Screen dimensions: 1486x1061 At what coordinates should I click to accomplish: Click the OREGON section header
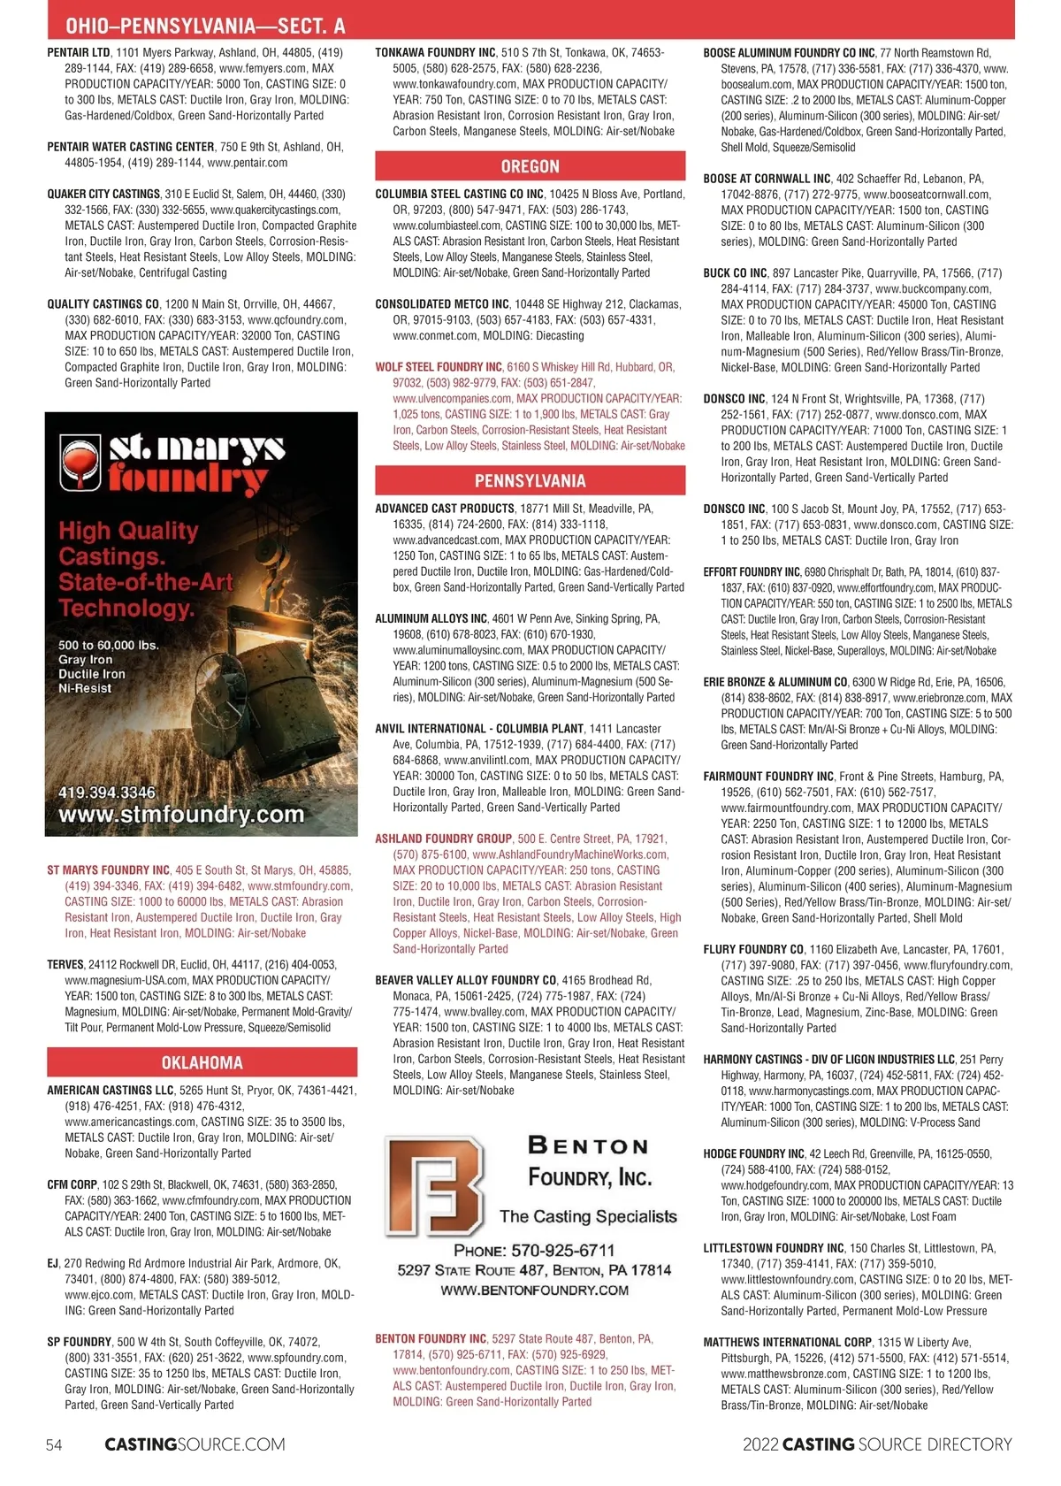[x=530, y=166]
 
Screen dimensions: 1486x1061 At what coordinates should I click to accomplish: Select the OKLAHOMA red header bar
[x=202, y=1062]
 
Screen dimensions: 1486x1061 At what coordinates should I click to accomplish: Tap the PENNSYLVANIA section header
[x=530, y=480]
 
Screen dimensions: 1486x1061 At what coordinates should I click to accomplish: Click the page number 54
[x=54, y=1444]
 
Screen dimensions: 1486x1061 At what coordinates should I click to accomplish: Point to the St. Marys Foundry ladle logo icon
[x=80, y=461]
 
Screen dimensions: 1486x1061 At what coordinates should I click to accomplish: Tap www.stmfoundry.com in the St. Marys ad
[x=180, y=814]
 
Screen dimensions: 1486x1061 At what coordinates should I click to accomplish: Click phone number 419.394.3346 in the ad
[x=106, y=792]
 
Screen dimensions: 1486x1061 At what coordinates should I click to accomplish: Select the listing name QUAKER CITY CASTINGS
[x=103, y=194]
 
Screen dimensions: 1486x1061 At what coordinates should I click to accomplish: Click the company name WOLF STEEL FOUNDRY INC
[x=439, y=367]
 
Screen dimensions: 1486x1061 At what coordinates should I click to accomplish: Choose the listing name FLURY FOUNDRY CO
[x=753, y=949]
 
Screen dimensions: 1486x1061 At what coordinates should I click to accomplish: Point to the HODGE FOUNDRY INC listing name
[x=753, y=1153]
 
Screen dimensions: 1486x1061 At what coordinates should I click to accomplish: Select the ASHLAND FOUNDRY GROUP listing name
[x=443, y=839]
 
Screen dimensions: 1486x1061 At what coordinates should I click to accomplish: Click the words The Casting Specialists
[x=588, y=1216]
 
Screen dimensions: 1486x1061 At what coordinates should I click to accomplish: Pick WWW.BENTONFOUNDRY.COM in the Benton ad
[x=534, y=1291]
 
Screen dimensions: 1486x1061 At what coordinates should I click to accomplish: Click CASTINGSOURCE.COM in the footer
[x=195, y=1444]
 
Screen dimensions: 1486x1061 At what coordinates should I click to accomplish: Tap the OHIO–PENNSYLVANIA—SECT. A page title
[x=205, y=27]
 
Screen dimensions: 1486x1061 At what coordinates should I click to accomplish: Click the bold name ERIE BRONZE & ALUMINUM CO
[x=775, y=682]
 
